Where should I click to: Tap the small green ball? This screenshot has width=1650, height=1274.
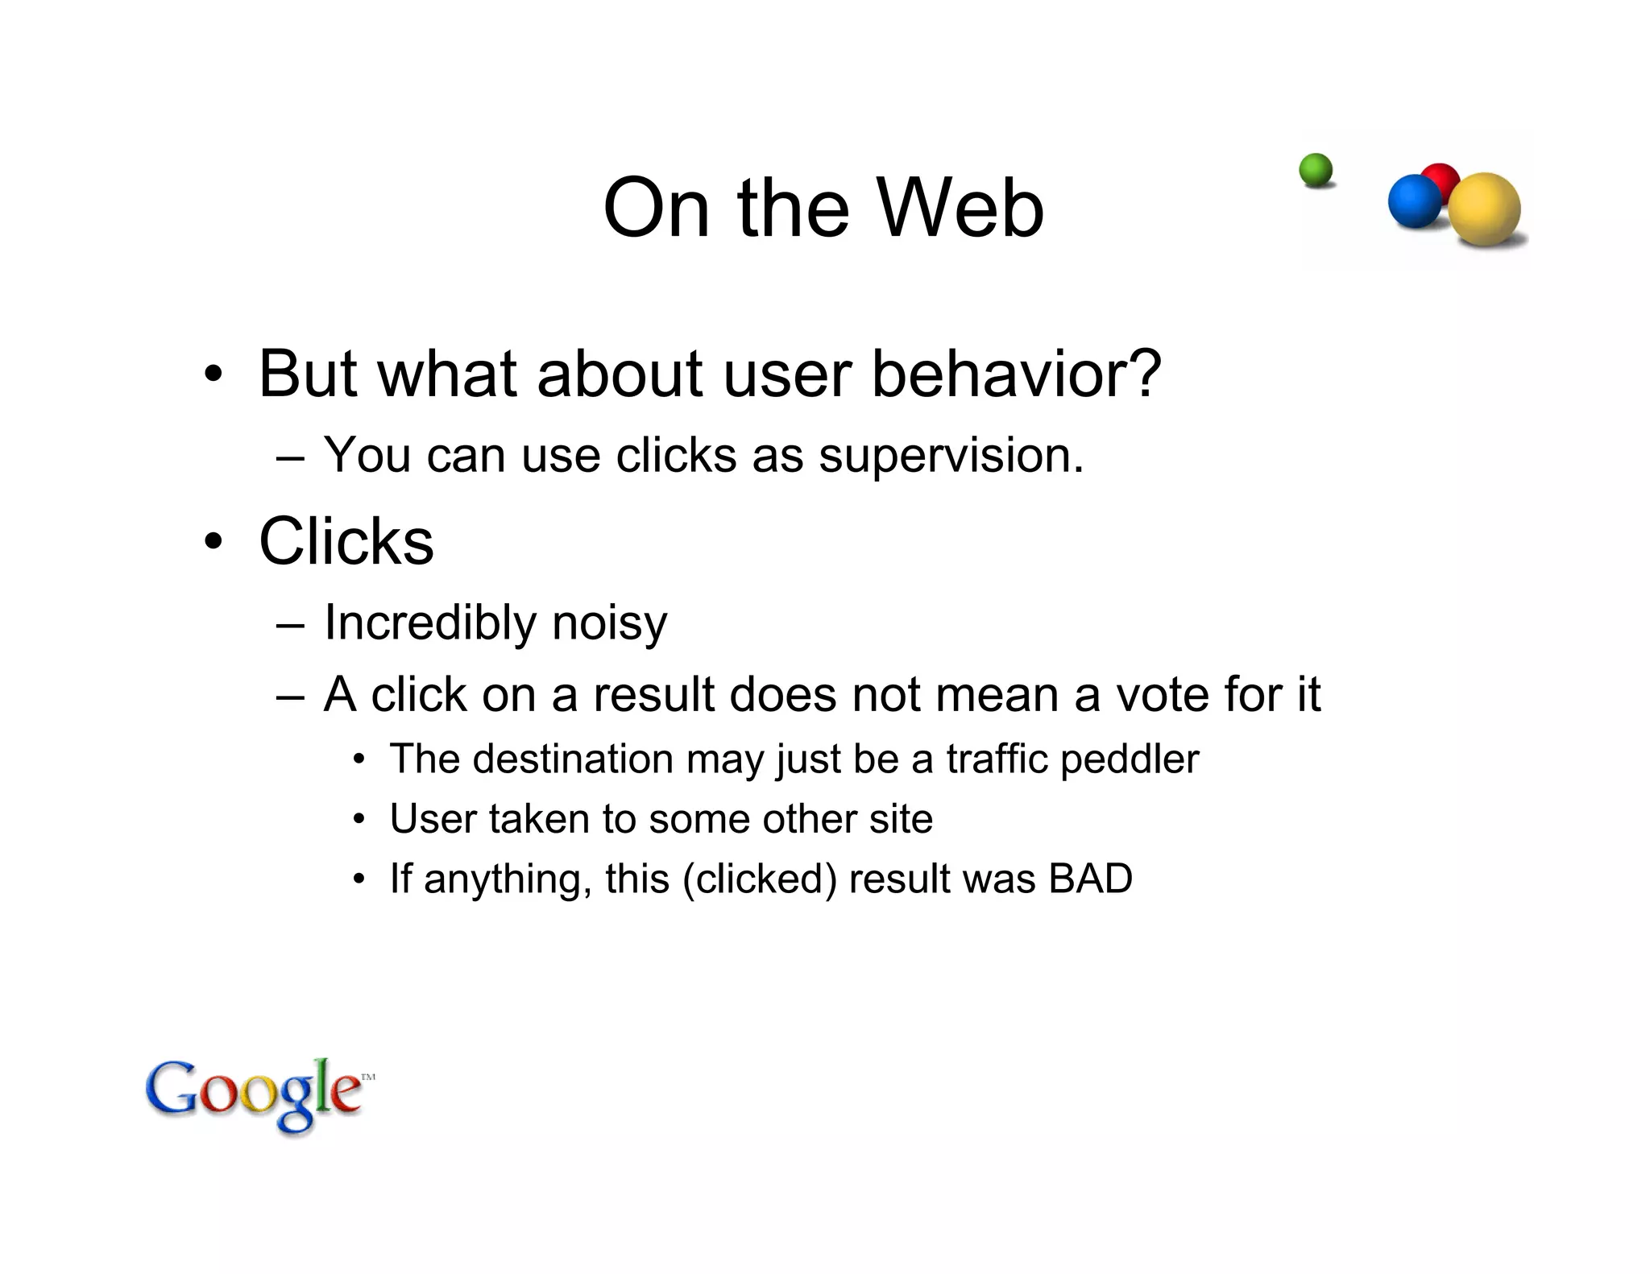1316,171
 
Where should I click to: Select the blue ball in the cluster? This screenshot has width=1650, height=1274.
1414,201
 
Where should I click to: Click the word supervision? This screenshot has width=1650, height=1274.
951,456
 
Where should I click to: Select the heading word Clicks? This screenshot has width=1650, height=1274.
346,541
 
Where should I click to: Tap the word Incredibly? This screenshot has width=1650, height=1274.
430,623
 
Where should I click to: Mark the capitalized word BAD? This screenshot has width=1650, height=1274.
1090,879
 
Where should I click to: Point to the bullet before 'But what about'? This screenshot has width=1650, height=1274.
213,374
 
